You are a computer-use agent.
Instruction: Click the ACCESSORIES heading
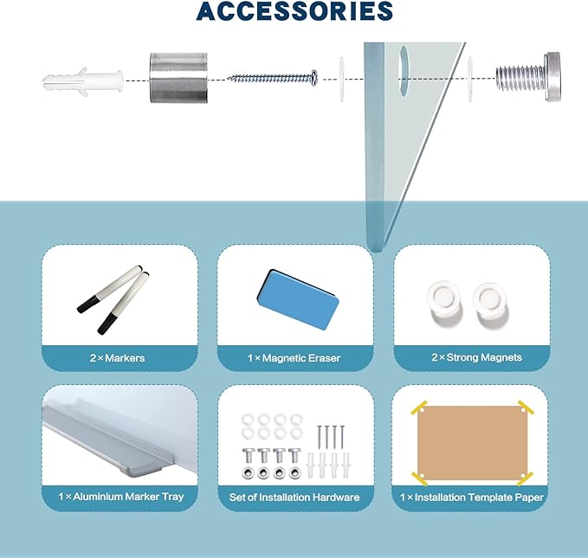click(x=294, y=11)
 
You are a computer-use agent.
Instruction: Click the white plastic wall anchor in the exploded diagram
click(x=83, y=81)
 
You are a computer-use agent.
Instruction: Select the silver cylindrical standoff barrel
click(x=178, y=78)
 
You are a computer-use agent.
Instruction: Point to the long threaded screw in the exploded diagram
click(x=273, y=78)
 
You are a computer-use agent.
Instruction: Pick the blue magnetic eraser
click(x=297, y=298)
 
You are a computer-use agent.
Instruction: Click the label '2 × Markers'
click(x=117, y=358)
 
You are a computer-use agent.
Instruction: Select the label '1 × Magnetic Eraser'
click(x=294, y=358)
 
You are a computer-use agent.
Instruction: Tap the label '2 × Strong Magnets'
click(x=476, y=357)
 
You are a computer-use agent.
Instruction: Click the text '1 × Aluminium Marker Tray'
click(x=121, y=497)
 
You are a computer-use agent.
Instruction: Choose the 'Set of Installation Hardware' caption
click(x=294, y=497)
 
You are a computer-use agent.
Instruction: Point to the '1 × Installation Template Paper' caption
click(x=471, y=497)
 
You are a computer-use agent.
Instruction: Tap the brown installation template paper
click(x=472, y=443)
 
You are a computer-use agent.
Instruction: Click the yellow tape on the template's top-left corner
click(x=419, y=407)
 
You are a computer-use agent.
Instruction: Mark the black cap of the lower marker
click(x=107, y=324)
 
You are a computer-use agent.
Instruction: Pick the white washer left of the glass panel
click(x=342, y=79)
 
